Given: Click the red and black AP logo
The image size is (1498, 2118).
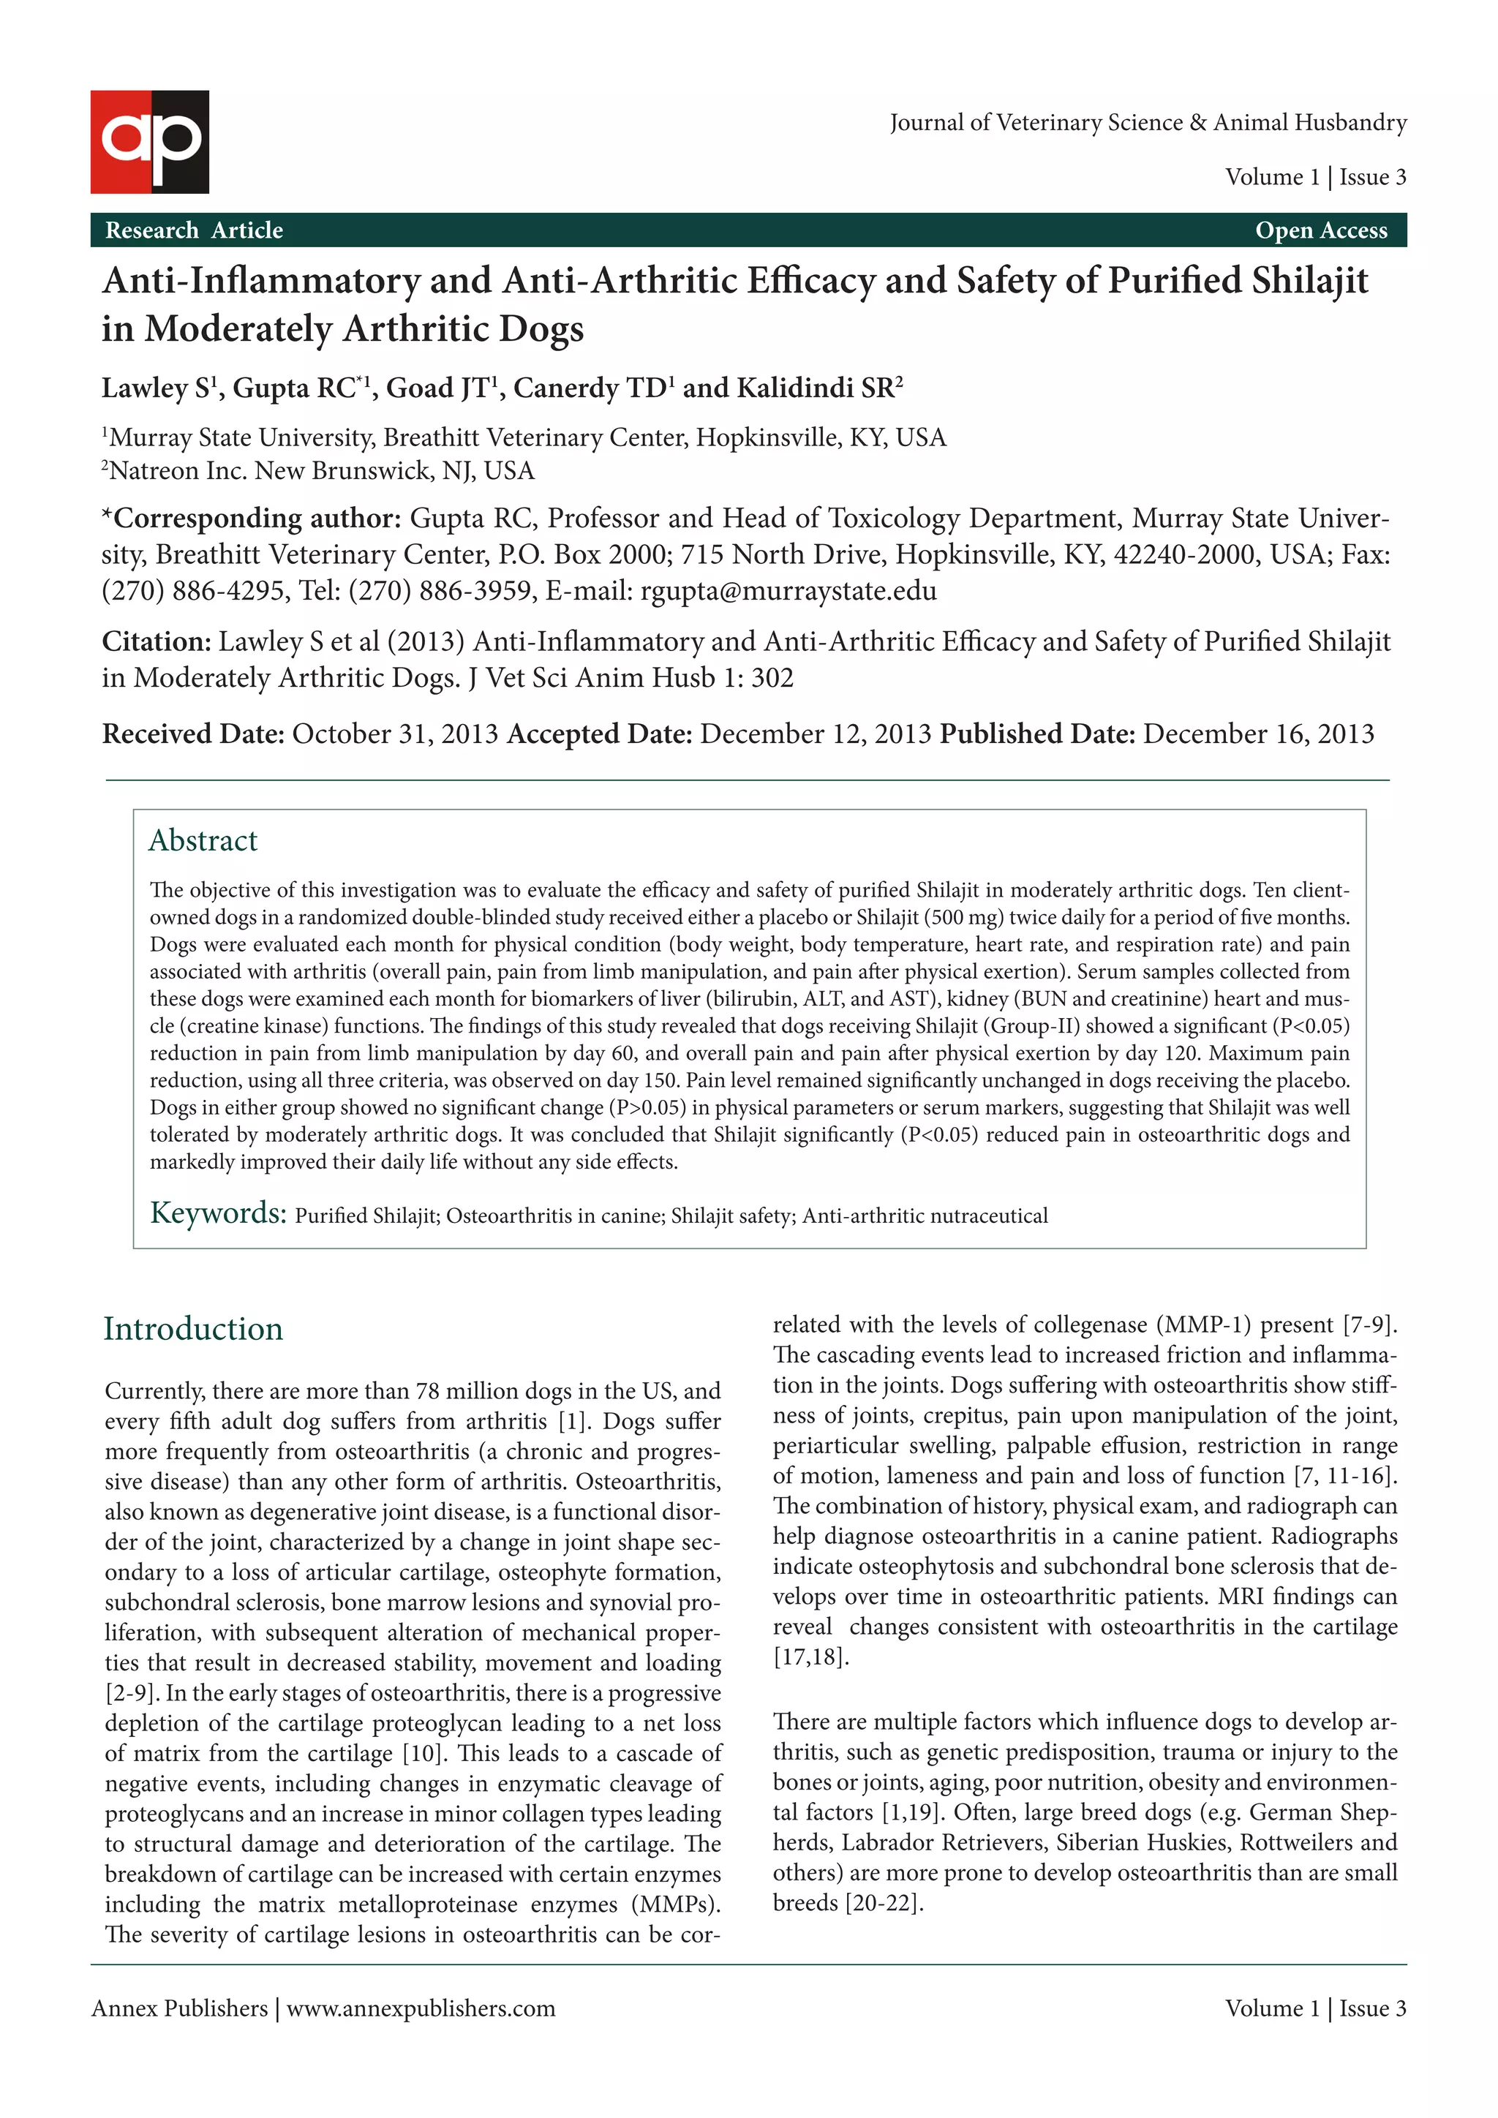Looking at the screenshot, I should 149,141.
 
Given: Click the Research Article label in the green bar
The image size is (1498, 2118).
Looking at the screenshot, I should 194,230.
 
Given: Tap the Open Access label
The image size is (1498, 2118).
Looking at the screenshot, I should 1320,230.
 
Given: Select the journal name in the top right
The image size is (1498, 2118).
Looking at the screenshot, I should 1148,123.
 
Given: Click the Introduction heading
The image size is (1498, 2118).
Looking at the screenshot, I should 193,1328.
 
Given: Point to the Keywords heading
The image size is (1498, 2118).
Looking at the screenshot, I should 219,1213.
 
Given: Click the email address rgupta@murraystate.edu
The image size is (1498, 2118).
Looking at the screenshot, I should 788,590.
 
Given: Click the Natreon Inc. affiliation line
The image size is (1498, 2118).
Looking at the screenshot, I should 318,470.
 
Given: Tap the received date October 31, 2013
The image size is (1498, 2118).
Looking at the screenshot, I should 395,734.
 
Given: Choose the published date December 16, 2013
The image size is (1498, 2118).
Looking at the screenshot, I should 1258,734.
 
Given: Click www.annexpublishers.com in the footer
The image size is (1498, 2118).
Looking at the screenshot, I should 421,2008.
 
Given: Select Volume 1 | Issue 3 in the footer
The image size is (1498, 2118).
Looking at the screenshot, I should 1314,2008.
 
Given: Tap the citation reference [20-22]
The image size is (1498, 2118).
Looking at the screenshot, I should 884,1903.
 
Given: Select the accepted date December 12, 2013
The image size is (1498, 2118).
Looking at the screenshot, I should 816,734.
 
